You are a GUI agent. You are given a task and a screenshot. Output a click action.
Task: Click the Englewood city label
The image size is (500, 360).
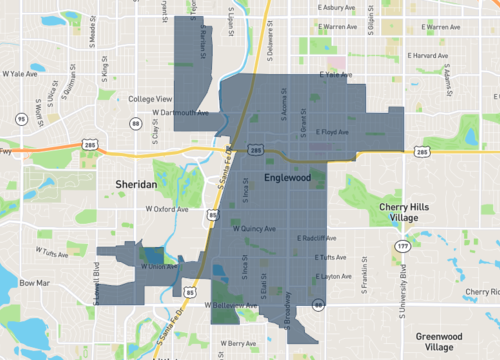point(288,177)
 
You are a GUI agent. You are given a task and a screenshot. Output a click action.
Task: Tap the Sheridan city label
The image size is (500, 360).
point(136,185)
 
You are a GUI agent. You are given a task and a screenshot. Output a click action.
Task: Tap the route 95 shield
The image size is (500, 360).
point(21,119)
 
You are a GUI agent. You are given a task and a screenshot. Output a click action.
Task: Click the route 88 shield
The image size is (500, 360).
point(135,123)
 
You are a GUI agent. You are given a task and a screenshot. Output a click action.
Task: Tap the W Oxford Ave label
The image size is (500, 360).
point(169,209)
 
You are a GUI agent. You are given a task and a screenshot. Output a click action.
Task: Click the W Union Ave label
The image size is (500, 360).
point(160,266)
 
